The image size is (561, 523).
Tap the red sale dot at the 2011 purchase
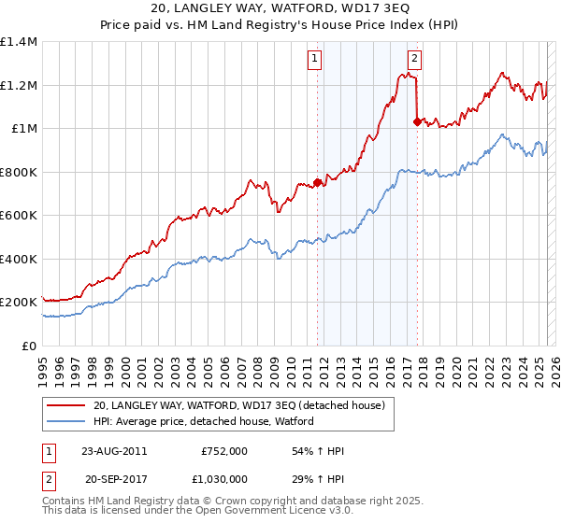point(317,183)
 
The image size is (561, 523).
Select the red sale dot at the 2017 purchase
point(417,120)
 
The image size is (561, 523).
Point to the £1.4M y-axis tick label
point(19,42)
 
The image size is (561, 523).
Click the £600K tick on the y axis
point(19,216)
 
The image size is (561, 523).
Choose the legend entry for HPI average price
point(203,421)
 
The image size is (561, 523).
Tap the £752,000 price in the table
point(224,451)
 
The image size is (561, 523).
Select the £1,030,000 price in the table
point(221,481)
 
